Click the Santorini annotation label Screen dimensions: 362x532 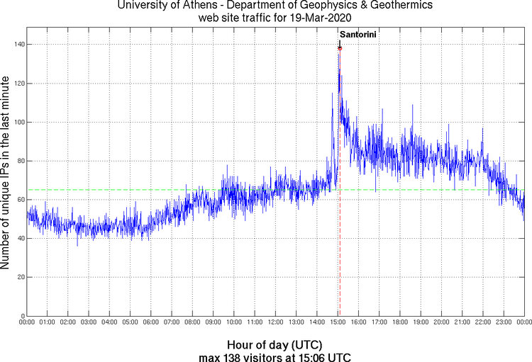point(358,35)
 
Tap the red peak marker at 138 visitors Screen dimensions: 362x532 point(340,48)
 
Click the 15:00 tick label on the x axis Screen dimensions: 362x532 point(338,323)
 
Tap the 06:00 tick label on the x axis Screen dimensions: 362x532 point(151,323)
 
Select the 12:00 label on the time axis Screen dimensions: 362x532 point(275,323)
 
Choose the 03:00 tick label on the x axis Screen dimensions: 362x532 point(89,323)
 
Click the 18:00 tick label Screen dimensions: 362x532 point(400,323)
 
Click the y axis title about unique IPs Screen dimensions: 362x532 point(6,171)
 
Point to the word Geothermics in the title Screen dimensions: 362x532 point(384,6)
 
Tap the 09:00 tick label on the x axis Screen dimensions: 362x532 point(213,323)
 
